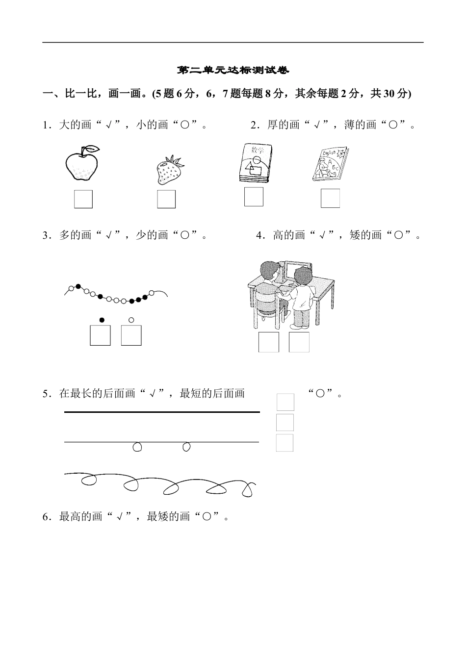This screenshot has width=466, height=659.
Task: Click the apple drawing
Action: (82, 165)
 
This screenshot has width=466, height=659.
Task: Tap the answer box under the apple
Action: (83, 199)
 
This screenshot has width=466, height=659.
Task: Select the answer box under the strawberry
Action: (166, 199)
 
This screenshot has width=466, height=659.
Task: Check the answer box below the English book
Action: (330, 198)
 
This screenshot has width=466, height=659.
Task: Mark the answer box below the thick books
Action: (254, 197)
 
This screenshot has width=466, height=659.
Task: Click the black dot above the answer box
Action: (102, 320)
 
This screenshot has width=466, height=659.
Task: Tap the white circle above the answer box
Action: (131, 320)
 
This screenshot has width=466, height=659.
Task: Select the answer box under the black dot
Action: (100, 335)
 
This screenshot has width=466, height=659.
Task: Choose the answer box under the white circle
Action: (131, 335)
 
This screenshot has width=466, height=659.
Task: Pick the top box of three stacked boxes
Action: (285, 402)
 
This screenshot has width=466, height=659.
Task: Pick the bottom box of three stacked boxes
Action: (285, 443)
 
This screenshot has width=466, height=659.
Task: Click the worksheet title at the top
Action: (233, 71)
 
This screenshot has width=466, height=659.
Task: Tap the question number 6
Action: (46, 517)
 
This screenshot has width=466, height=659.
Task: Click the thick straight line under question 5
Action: (162, 412)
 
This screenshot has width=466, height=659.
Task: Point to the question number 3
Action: (46, 236)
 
